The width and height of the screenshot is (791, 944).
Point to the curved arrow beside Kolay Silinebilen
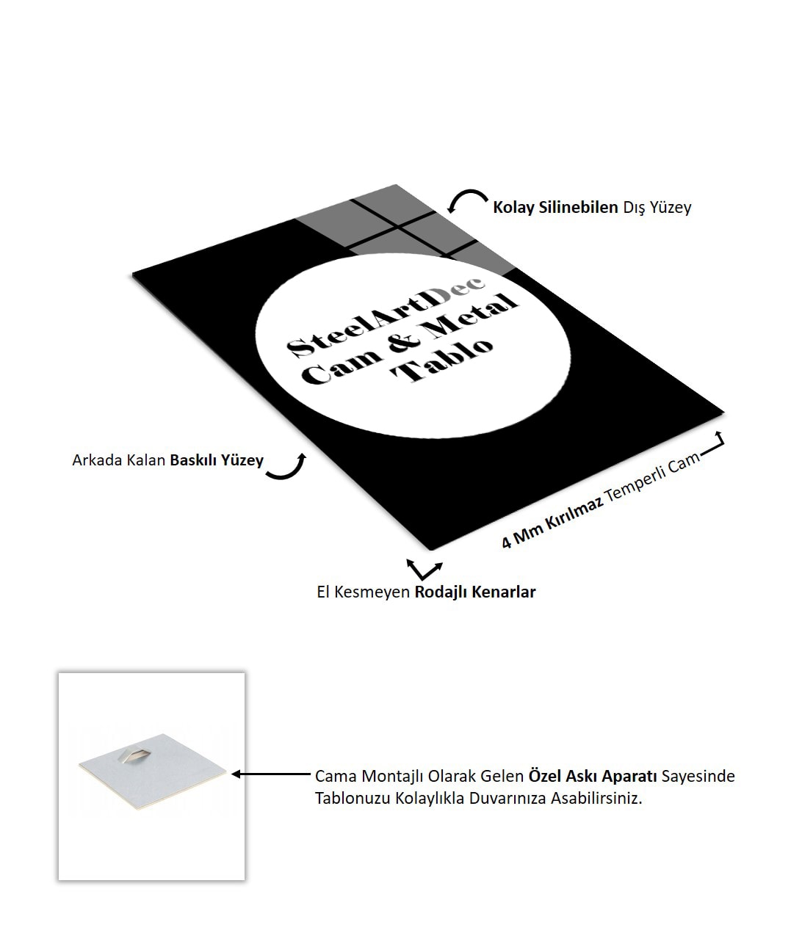point(466,200)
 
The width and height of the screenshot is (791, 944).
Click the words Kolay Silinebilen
point(555,208)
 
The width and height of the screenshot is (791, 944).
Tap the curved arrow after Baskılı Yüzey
point(287,468)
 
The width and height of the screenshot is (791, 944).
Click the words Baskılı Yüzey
point(217,461)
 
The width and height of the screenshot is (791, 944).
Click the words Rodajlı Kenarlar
point(475,592)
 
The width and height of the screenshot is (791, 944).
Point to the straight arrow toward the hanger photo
point(271,774)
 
